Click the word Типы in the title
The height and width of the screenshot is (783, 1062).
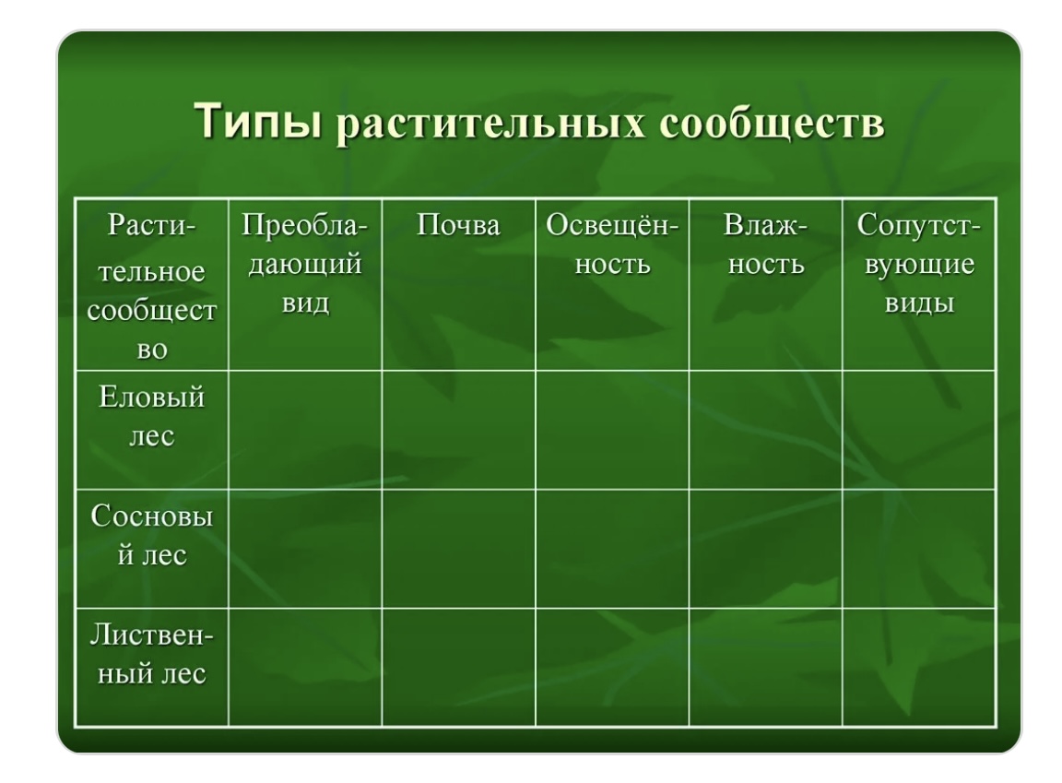tap(257, 121)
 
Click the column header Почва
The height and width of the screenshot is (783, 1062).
tap(458, 226)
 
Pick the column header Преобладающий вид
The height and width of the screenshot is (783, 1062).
tap(305, 264)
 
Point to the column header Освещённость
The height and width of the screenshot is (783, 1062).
tap(612, 244)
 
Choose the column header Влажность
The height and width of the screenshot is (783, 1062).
tap(766, 244)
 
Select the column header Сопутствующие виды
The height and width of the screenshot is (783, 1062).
tap(919, 264)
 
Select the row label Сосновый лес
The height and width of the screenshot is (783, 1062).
tap(152, 536)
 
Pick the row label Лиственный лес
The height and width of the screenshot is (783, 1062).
tap(152, 654)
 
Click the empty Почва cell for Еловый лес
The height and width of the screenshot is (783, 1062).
tap(458, 430)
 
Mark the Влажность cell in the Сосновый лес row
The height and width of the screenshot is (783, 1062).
tap(766, 549)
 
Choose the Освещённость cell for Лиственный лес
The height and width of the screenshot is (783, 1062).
tap(612, 667)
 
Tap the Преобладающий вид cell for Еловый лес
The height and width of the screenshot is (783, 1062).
tap(305, 430)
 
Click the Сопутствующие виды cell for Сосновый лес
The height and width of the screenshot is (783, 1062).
tap(919, 549)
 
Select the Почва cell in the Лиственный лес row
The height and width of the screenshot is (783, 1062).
tap(458, 667)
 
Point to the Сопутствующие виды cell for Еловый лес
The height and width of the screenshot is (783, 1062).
tap(919, 430)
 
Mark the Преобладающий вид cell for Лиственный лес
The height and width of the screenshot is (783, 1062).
tap(305, 667)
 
